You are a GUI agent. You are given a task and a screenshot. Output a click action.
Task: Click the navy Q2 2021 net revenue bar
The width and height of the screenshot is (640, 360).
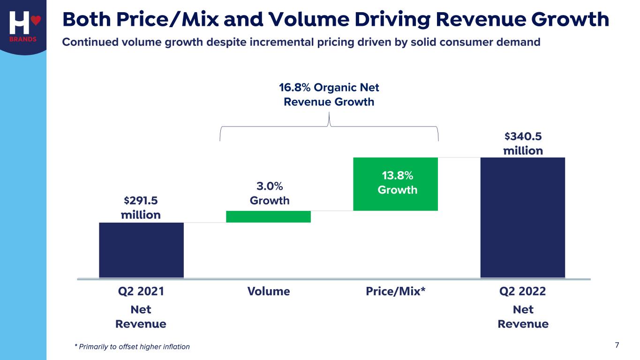click(141, 249)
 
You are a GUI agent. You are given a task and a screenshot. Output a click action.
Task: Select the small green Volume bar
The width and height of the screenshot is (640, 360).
click(268, 217)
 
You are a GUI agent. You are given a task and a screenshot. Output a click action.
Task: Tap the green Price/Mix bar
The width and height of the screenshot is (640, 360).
click(395, 184)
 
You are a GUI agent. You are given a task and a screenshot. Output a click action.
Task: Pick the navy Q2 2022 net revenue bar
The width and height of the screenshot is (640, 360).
click(522, 217)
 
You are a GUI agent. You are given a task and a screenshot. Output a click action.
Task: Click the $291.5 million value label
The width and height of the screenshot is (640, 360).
click(141, 208)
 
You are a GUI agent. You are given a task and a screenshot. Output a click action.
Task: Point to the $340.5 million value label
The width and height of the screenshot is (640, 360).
click(523, 143)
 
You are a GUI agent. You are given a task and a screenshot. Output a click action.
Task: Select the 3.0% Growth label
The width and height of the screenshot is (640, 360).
click(269, 193)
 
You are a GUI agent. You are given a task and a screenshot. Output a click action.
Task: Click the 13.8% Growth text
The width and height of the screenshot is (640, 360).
click(397, 183)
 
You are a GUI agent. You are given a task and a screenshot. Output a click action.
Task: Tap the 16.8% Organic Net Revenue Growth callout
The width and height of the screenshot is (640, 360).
click(329, 95)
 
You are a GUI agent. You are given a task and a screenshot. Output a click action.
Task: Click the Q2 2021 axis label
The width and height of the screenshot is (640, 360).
click(141, 292)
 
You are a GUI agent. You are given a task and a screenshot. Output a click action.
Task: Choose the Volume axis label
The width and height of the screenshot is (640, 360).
click(268, 292)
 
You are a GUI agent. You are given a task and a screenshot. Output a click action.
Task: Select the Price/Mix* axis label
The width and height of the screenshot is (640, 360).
click(395, 292)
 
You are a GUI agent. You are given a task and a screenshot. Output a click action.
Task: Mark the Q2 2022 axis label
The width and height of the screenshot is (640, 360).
click(522, 292)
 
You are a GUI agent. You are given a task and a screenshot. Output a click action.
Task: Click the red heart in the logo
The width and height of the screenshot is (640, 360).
click(37, 21)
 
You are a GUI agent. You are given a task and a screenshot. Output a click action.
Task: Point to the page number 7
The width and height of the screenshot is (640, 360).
click(617, 345)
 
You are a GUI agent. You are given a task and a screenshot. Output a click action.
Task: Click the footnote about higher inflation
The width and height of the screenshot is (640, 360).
click(132, 347)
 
